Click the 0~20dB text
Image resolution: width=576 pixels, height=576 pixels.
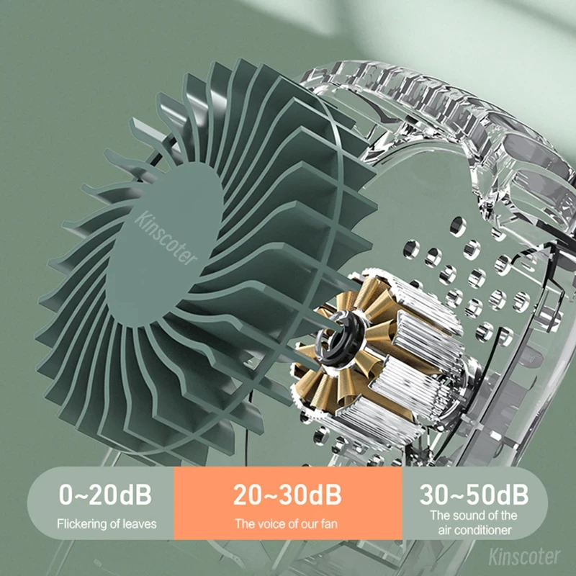tap(106, 495)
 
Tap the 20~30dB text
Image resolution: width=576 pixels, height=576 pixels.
tap(288, 495)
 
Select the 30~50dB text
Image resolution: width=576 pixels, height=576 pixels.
tap(474, 495)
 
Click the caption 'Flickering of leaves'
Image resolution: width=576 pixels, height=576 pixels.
tap(107, 523)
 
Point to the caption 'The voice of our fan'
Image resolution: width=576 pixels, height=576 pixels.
tap(288, 523)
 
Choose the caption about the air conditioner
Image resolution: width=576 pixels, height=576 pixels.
tap(474, 523)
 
